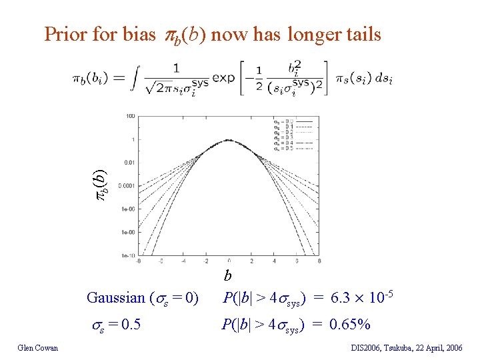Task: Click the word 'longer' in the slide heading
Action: [311, 34]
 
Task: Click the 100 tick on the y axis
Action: [130, 116]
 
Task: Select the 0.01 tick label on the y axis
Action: [129, 162]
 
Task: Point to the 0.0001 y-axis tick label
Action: [127, 185]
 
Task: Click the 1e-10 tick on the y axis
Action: [128, 255]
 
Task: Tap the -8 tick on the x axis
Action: [138, 261]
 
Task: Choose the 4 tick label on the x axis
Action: [275, 261]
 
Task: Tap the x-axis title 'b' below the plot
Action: [227, 275]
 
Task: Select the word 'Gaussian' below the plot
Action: [117, 298]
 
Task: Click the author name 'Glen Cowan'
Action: [38, 347]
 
